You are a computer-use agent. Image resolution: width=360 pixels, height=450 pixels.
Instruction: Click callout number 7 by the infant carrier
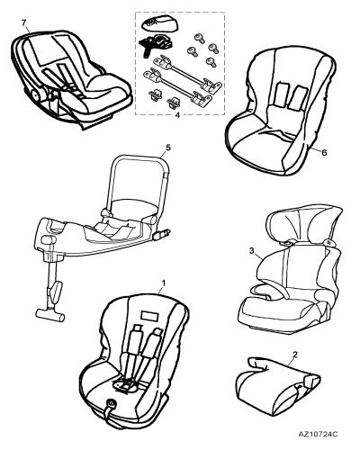24,22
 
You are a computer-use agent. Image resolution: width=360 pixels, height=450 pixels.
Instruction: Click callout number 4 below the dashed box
177,115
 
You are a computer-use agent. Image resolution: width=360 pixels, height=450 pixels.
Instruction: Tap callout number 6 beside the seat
324,152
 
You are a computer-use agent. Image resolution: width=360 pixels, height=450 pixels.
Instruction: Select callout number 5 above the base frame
167,148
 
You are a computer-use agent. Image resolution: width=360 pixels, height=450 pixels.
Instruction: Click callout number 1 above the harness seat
164,283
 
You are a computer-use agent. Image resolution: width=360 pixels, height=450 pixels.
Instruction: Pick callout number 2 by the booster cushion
295,355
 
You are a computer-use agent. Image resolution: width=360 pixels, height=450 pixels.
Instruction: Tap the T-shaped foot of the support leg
50,315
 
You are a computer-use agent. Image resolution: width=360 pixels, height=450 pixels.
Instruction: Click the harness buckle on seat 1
124,383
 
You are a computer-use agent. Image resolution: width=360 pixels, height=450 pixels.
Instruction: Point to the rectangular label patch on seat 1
150,316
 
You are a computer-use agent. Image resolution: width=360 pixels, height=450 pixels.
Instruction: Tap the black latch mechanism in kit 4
156,43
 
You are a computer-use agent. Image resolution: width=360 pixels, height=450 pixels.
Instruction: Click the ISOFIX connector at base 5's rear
161,234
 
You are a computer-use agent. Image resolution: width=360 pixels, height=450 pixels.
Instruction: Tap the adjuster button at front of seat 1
112,403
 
